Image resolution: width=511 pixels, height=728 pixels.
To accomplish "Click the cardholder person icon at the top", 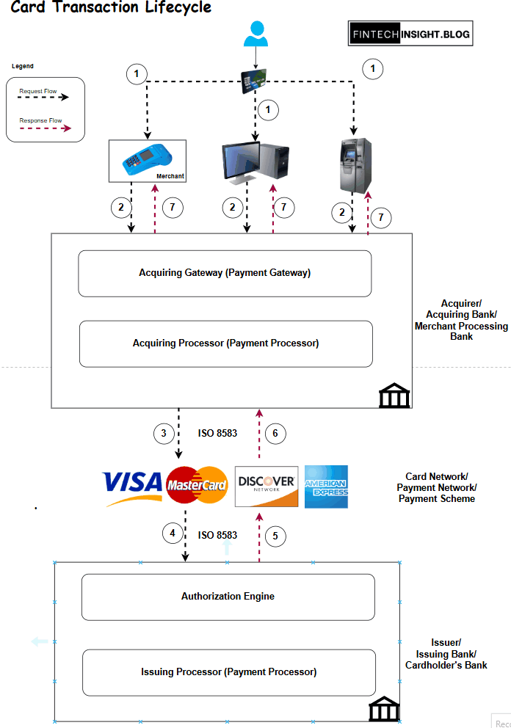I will tap(255, 34).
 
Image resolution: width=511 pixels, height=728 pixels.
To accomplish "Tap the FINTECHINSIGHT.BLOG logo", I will tap(410, 33).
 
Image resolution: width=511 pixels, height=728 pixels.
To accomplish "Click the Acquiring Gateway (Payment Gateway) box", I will tap(225, 273).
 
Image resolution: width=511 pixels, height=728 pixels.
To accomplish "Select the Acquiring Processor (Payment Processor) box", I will tap(225, 343).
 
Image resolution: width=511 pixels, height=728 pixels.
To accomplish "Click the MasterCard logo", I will tap(197, 485).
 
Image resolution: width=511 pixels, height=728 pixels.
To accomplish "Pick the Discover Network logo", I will tap(267, 486).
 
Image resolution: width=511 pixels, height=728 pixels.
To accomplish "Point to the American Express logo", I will tap(326, 486).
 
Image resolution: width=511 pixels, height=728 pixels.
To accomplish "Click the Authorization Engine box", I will tap(228, 597).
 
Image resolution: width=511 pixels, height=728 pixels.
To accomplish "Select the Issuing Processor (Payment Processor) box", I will tap(228, 671).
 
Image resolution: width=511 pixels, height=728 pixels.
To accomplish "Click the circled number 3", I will tap(164, 434).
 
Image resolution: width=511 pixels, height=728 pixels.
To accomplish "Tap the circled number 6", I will tap(275, 434).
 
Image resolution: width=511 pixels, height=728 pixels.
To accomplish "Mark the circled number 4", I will tap(173, 534).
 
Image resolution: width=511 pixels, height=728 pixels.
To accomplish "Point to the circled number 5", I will tap(275, 536).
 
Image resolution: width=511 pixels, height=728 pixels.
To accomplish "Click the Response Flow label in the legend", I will tap(40, 120).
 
